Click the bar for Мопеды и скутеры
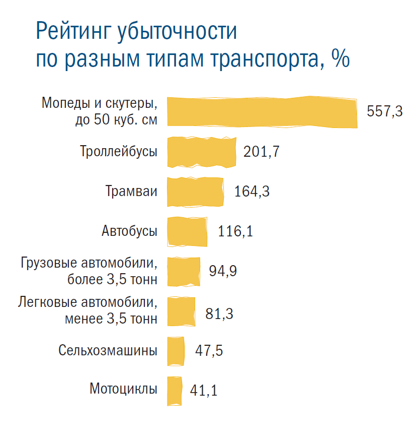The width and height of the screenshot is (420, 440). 262,111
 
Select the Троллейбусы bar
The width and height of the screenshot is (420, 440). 201,152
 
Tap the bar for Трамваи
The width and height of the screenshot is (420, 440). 195,192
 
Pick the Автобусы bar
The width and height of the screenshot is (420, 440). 187,231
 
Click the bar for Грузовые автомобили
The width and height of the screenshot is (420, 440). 183,271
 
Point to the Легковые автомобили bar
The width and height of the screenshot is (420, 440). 181,311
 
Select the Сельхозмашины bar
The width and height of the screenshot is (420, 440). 175,351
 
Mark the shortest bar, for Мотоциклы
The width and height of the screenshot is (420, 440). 174,391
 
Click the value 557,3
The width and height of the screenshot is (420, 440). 385,112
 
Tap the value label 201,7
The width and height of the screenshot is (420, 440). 261,152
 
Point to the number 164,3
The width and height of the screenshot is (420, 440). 251,192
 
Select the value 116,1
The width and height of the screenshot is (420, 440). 235,231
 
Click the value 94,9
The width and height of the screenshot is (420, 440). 223,271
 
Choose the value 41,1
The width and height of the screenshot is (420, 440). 204,391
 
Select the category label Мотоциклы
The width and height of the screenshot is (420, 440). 123,389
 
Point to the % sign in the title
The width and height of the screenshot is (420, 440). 340,59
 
